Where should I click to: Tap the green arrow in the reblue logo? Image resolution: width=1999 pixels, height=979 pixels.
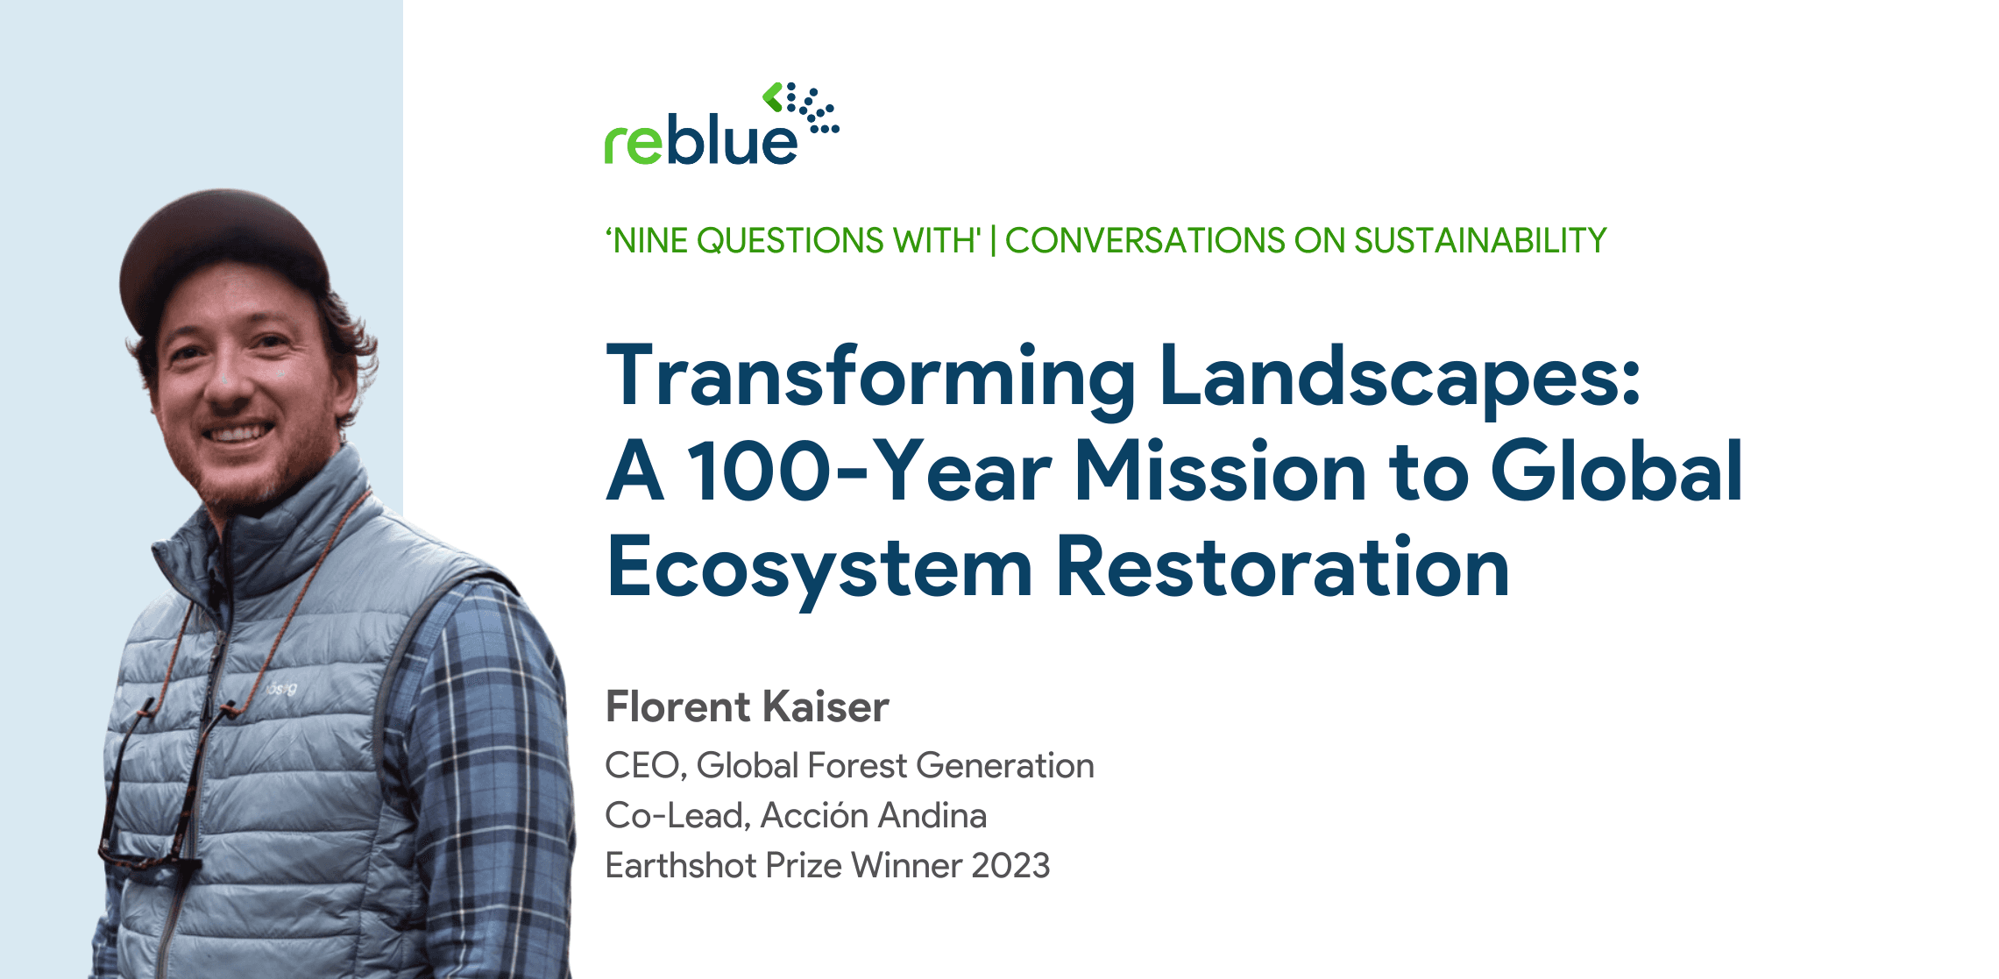(772, 96)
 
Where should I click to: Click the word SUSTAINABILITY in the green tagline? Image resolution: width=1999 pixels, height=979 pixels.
(1480, 240)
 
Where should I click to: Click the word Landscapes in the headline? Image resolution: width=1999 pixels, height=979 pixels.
(1399, 377)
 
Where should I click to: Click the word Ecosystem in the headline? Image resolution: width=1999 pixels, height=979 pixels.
(819, 568)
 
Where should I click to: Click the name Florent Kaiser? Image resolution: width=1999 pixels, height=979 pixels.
(747, 706)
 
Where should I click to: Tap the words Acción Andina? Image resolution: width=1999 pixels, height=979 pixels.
(873, 816)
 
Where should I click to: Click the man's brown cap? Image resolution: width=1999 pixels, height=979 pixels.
(223, 245)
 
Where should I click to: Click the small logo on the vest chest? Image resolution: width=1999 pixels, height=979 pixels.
(280, 689)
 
